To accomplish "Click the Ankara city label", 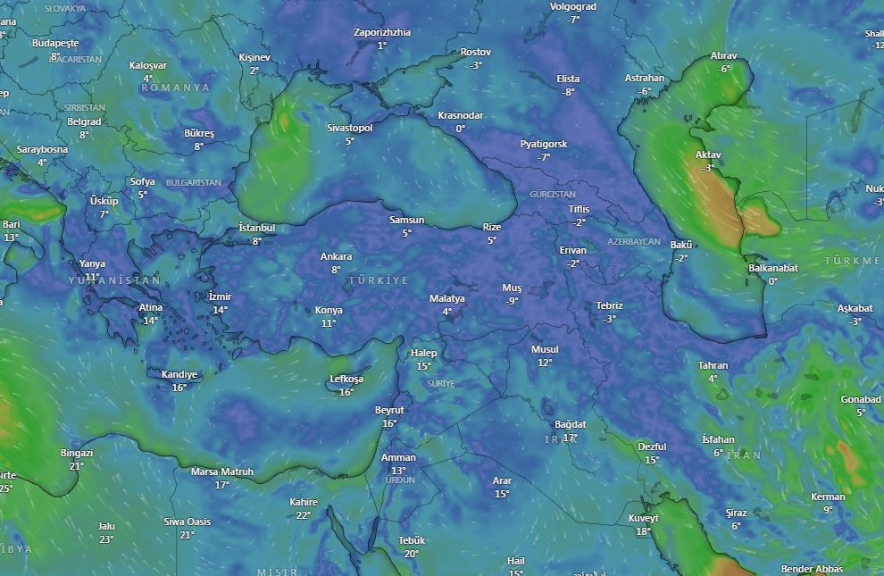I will click(336, 257).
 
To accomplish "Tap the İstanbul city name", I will click(257, 229).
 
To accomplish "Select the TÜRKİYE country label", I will click(378, 280).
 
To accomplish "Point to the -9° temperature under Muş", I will click(512, 301).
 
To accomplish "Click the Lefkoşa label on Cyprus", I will click(346, 380).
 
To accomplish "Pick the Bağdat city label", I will click(570, 424).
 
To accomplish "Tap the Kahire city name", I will click(304, 503).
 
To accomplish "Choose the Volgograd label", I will click(572, 7).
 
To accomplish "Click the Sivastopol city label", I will click(349, 129).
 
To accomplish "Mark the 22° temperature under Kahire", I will click(304, 515).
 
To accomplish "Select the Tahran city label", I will click(713, 366).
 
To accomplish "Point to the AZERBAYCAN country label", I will click(633, 242).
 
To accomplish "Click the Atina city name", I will click(151, 308).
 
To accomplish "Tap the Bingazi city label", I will click(77, 454).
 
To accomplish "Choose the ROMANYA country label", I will click(175, 88).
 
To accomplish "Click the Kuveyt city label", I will click(643, 519).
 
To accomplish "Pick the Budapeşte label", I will click(55, 43).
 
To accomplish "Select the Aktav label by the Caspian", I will click(708, 155).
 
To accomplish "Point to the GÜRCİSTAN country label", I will click(553, 195).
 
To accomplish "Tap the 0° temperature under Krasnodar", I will click(460, 129).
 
